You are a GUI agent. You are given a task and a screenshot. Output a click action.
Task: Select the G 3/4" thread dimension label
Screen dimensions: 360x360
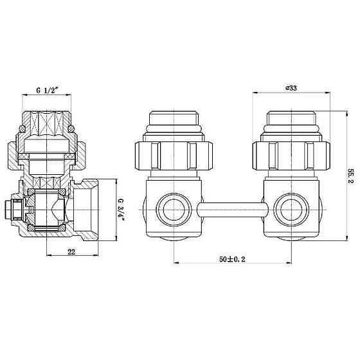pyautogui.click(x=121, y=210)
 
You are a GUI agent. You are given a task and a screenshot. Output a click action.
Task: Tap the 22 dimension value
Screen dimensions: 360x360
pyautogui.click(x=71, y=252)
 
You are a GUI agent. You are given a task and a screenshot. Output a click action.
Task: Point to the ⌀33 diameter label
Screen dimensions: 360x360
pyautogui.click(x=291, y=88)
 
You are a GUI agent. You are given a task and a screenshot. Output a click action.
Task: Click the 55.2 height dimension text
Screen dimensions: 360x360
pyautogui.click(x=351, y=177)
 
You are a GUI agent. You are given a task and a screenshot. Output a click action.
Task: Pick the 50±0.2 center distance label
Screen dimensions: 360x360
pyautogui.click(x=232, y=259)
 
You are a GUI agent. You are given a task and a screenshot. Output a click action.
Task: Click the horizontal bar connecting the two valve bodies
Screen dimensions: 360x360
pyautogui.click(x=232, y=210)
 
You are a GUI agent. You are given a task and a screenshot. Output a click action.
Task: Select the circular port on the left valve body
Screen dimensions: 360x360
pyautogui.click(x=174, y=210)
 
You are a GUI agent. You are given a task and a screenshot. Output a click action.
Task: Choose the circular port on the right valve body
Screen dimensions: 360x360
pyautogui.click(x=291, y=210)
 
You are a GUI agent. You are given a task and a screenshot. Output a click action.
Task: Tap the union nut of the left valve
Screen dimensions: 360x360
pyautogui.click(x=174, y=156)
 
